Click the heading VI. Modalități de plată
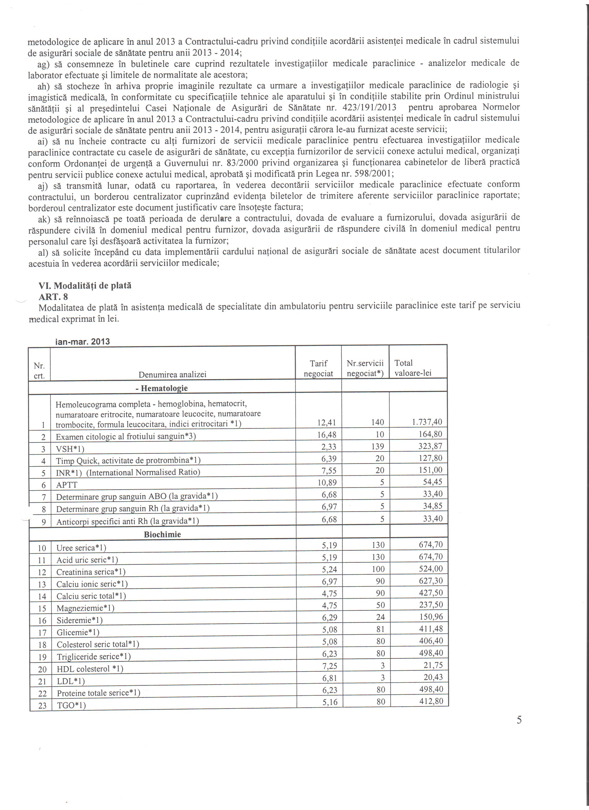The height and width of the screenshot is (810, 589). [85, 286]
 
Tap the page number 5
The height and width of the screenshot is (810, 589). [519, 720]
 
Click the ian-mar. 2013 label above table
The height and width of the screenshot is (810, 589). [82, 342]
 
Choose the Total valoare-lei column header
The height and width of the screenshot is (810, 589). [413, 368]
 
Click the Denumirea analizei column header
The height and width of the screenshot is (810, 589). [173, 374]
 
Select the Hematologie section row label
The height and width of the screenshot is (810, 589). [162, 388]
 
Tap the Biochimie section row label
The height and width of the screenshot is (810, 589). [163, 534]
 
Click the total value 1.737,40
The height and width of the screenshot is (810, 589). [427, 422]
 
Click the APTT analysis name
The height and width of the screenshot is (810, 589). [67, 485]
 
